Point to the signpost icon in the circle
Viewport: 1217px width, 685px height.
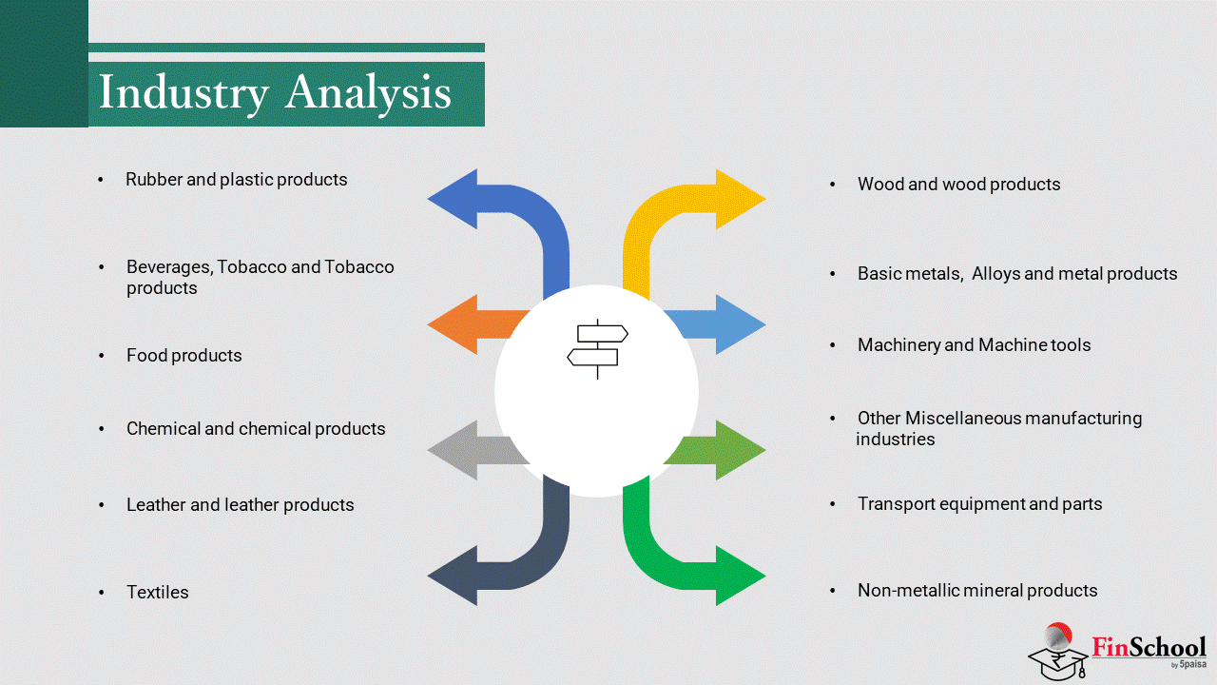597,347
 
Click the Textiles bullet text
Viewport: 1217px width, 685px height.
158,592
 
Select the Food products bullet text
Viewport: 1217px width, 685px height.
184,355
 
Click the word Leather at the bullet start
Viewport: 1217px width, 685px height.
156,504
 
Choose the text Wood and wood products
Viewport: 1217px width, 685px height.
958,184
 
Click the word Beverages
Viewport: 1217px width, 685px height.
168,266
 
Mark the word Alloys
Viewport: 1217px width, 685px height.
995,273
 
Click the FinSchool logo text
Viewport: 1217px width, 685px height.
1149,648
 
